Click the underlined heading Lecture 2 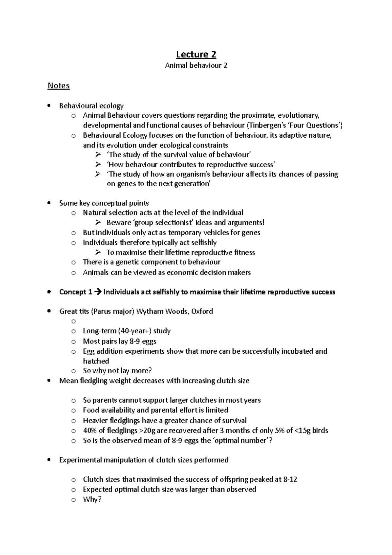(196, 54)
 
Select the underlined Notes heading (58, 86)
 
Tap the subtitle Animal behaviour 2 (196, 65)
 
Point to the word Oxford (202, 311)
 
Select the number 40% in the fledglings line (90, 430)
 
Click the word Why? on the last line (92, 499)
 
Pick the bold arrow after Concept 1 (98, 292)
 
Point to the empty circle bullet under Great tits (73, 321)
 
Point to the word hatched (96, 361)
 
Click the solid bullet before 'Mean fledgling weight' (49, 380)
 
